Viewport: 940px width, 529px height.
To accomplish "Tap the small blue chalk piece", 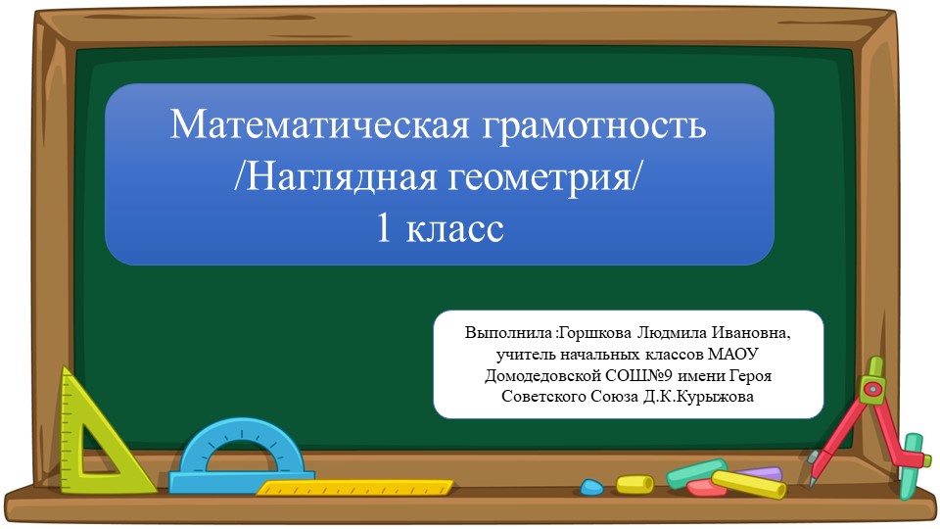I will (x=591, y=487).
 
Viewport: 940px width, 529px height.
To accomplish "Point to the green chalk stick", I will (x=697, y=471).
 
